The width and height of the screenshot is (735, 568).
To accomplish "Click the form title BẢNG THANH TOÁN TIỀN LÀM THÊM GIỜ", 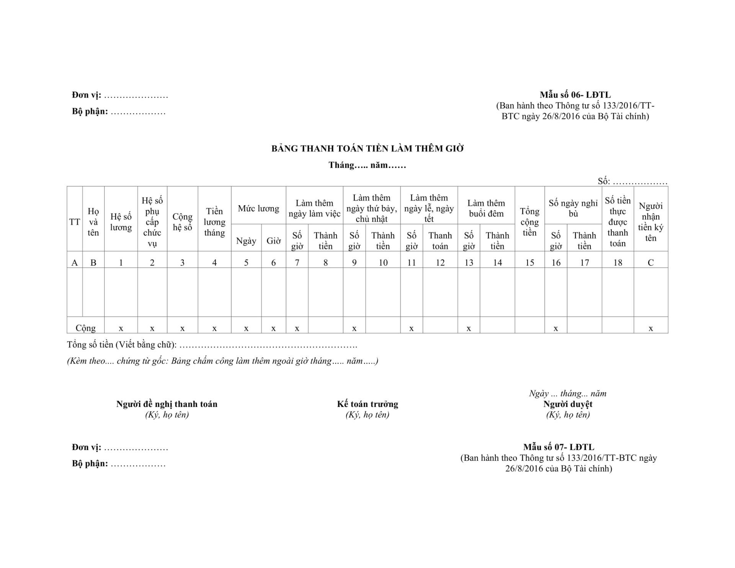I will pos(367,149).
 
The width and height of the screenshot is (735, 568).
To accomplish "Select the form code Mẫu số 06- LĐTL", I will pos(575,95).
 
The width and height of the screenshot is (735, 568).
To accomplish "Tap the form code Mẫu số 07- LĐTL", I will pos(559,447).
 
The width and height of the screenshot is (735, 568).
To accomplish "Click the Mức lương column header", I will pos(258,209).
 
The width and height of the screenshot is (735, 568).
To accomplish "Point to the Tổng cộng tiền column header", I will pos(529,222).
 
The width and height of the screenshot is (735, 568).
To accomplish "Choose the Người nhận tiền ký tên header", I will pos(650,222).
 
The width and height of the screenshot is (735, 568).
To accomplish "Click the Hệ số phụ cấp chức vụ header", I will pos(152,222).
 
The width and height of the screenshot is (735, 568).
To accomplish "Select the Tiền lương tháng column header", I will pos(214,222).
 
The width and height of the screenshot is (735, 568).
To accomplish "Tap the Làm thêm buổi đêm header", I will pos(486,208).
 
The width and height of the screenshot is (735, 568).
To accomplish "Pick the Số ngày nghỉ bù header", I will pos(573,208).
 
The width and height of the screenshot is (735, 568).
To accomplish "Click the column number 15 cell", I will pos(529,263).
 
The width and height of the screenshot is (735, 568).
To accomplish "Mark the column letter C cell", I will pos(650,263).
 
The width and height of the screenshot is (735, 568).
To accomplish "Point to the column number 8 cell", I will pos(325,263).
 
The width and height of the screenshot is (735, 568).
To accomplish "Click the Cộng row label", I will pos(85,328).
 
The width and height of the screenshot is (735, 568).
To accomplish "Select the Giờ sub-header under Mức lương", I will pos(273,241).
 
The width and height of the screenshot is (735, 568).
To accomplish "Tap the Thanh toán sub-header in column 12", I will pos(440,241).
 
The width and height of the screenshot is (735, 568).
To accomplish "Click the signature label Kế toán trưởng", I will pos(367,404).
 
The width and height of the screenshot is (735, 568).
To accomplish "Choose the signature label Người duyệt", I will pos(568,404).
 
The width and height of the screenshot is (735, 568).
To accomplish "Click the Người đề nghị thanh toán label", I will pos(167,404).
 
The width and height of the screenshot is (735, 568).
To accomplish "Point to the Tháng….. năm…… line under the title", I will pos(367,165).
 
